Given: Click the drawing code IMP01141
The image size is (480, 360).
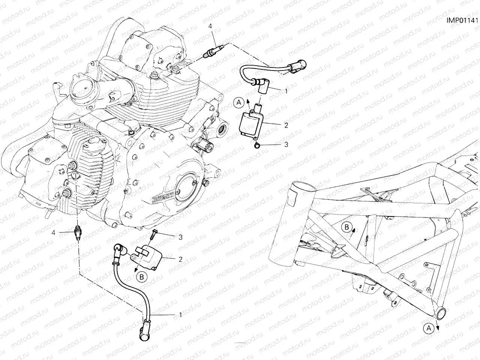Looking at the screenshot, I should (463, 19).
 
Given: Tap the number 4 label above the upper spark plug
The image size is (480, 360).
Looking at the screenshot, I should (210, 26).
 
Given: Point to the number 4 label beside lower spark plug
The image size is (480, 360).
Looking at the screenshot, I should (53, 232).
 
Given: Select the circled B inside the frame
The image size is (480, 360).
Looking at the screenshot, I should (347, 226).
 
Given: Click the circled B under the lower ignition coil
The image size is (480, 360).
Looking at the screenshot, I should (142, 277).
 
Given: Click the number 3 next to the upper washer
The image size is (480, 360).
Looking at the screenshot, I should (286, 144).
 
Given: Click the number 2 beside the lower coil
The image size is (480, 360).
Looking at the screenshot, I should (180, 258).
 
